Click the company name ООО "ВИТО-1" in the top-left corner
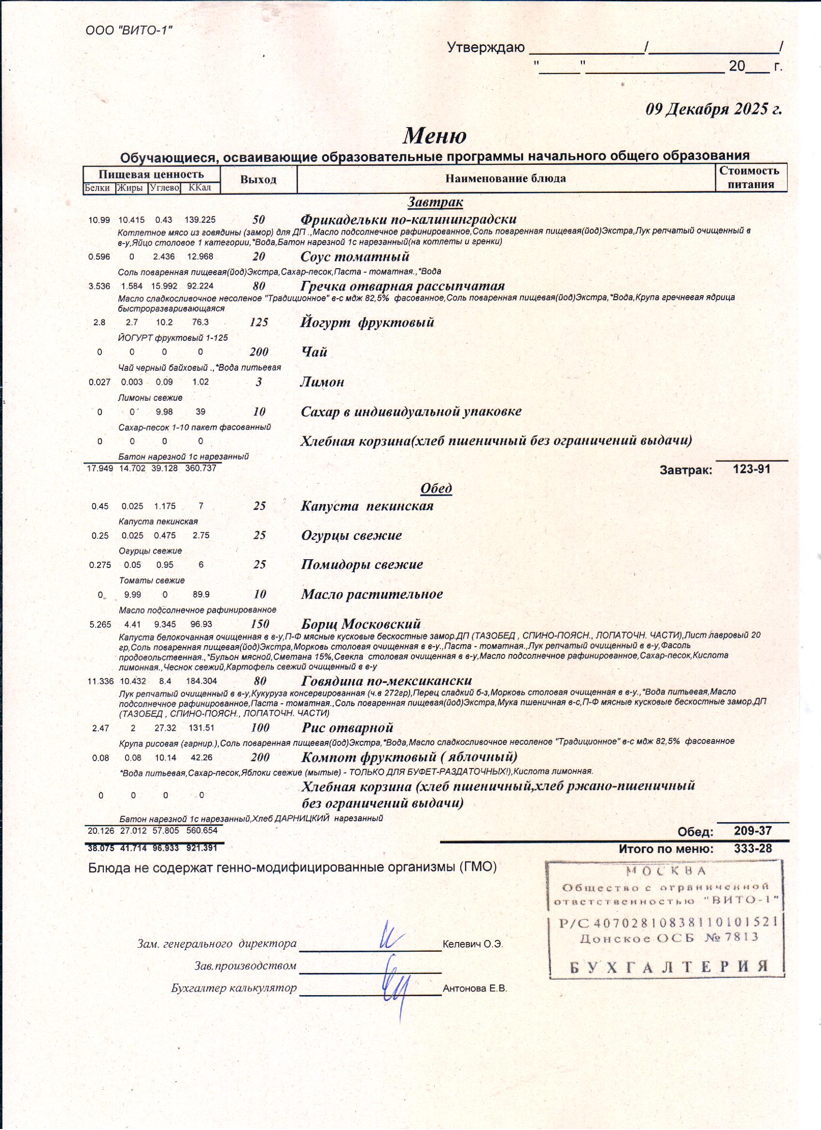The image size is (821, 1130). (129, 30)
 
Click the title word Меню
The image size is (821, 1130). (435, 135)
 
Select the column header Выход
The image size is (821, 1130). (258, 180)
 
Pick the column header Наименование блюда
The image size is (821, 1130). (505, 178)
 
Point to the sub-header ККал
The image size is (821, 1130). (200, 188)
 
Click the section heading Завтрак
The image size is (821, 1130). (435, 203)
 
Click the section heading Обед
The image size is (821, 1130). (436, 488)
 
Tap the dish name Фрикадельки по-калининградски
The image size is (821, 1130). (408, 219)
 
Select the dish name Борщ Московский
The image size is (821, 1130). (361, 624)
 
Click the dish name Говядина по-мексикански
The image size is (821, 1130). (386, 681)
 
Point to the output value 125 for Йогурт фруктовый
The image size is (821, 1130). (259, 322)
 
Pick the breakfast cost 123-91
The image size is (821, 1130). (752, 469)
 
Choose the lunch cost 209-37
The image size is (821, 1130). (752, 830)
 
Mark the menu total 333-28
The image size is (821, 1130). (752, 848)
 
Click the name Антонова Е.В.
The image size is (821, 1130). (474, 988)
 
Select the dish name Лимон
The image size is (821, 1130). (322, 382)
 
